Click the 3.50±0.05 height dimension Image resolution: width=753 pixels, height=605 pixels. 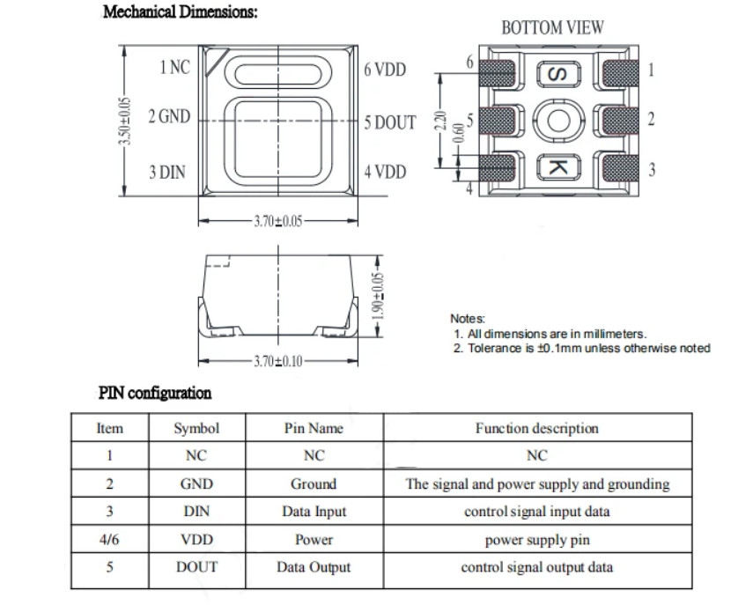[124, 121]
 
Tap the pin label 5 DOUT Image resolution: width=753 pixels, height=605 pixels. [389, 122]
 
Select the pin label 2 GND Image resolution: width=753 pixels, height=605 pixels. [169, 116]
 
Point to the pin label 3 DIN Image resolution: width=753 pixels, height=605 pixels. [167, 172]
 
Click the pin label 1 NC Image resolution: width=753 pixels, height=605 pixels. [174, 67]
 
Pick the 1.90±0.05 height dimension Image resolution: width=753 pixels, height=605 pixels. [379, 296]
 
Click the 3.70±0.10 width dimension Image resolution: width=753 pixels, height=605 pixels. [278, 360]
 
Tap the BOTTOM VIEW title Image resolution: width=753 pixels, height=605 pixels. [552, 28]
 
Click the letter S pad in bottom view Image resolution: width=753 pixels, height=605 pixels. [558, 75]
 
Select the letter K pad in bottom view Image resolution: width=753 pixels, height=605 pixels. [558, 167]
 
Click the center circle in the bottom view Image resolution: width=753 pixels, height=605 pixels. [558, 121]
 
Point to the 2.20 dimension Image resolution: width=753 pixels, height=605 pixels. [439, 121]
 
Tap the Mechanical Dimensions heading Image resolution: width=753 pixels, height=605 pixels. [180, 11]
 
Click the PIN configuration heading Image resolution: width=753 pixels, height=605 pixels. [155, 393]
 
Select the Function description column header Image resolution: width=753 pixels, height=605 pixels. [537, 428]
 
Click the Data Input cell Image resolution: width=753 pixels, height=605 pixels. [314, 512]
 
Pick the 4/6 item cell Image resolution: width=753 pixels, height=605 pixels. [109, 539]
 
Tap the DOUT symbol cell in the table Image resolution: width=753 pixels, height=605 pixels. [196, 567]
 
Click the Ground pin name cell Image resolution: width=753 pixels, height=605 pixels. [314, 483]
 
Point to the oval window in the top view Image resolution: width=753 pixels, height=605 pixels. [278, 74]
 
